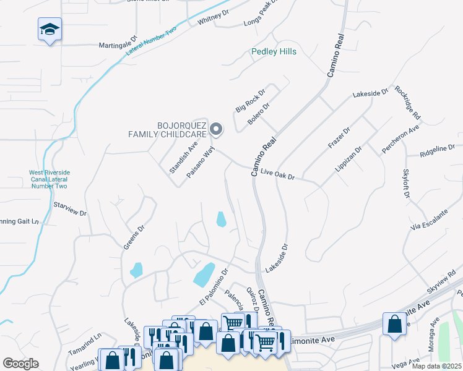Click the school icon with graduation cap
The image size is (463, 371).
click(x=50, y=30)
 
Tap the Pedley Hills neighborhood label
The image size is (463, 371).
click(x=274, y=51)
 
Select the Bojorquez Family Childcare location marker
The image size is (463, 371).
click(x=216, y=129)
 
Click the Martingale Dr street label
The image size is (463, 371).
click(x=117, y=45)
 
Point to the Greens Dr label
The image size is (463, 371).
click(x=133, y=236)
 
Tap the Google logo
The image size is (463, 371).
click(x=20, y=364)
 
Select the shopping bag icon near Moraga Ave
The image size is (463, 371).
click(x=394, y=324)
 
